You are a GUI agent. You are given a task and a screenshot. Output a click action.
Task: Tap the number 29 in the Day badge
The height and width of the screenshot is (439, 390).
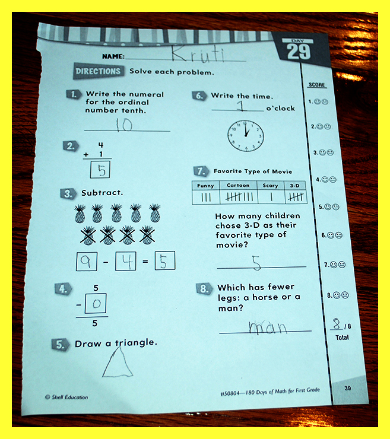pyautogui.click(x=299, y=52)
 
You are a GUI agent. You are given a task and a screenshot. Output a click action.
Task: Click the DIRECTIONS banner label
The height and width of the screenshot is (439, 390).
pyautogui.click(x=98, y=71)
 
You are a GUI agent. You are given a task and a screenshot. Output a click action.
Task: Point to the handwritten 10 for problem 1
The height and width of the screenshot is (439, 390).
pyautogui.click(x=124, y=125)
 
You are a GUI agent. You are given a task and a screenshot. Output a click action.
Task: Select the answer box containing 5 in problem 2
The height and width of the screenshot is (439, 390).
pyautogui.click(x=100, y=170)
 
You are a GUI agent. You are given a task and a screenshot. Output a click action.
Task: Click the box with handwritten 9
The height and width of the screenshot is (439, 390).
pyautogui.click(x=87, y=261)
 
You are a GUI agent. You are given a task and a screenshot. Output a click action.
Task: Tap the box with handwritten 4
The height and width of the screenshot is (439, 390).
pyautogui.click(x=126, y=261)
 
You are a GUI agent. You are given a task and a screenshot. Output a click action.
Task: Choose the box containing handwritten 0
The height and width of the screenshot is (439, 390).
pyautogui.click(x=96, y=303)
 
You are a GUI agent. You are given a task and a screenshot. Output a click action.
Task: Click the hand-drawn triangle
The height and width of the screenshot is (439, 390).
pyautogui.click(x=118, y=363)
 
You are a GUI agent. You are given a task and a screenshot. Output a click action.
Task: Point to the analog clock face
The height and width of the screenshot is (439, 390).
pyautogui.click(x=246, y=136)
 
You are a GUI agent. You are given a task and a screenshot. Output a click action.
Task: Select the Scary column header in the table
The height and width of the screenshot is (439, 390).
pyautogui.click(x=270, y=185)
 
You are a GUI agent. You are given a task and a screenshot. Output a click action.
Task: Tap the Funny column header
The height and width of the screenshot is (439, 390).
pyautogui.click(x=205, y=186)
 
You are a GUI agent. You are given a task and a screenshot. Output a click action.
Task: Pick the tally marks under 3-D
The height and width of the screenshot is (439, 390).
pyautogui.click(x=296, y=198)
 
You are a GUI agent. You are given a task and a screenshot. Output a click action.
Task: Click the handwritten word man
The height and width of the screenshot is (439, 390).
pyautogui.click(x=268, y=327)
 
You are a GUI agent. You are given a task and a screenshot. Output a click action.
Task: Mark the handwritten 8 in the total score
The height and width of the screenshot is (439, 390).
pyautogui.click(x=337, y=324)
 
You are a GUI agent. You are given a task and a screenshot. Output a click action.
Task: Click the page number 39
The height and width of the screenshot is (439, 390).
pyautogui.click(x=348, y=388)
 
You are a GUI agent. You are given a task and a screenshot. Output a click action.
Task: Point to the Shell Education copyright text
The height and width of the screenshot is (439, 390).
pyautogui.click(x=66, y=397)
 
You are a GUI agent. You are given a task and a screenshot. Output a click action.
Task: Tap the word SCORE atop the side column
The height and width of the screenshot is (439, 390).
pyautogui.click(x=317, y=85)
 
